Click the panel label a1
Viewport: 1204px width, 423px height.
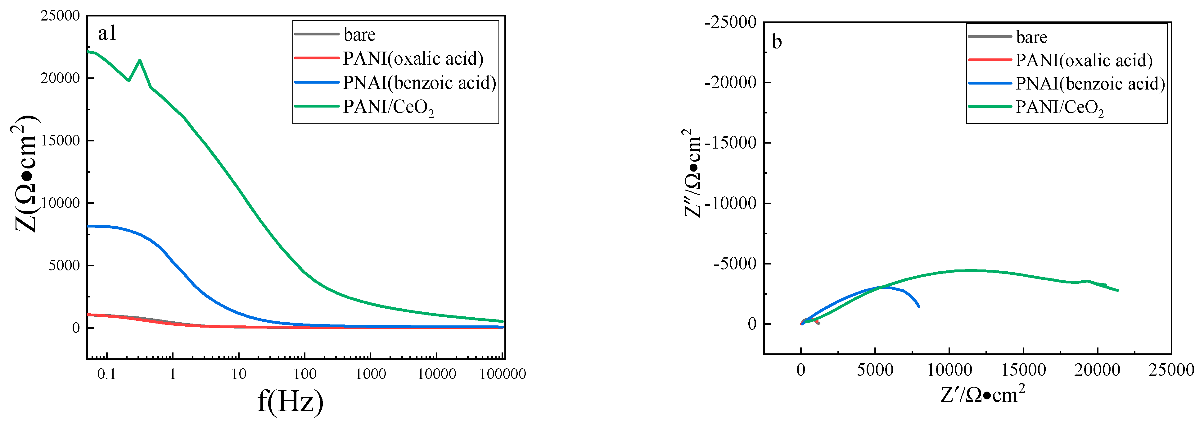point(107,34)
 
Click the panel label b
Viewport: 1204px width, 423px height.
point(776,42)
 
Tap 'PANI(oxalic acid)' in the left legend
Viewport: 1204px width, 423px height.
point(413,58)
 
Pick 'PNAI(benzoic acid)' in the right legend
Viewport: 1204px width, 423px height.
point(1090,84)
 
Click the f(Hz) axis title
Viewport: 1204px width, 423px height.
point(290,401)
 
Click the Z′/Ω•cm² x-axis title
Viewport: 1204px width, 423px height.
point(982,394)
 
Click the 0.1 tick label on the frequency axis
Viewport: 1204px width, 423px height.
point(106,374)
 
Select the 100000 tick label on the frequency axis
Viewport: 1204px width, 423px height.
point(503,374)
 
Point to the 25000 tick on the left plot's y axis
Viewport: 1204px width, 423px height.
point(60,16)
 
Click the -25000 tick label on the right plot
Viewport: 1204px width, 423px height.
point(731,22)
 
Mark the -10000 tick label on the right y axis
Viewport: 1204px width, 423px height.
point(731,204)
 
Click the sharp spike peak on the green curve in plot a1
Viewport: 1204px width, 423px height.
point(140,60)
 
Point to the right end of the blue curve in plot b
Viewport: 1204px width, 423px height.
point(919,306)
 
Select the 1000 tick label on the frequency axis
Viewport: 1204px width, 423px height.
point(371,374)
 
